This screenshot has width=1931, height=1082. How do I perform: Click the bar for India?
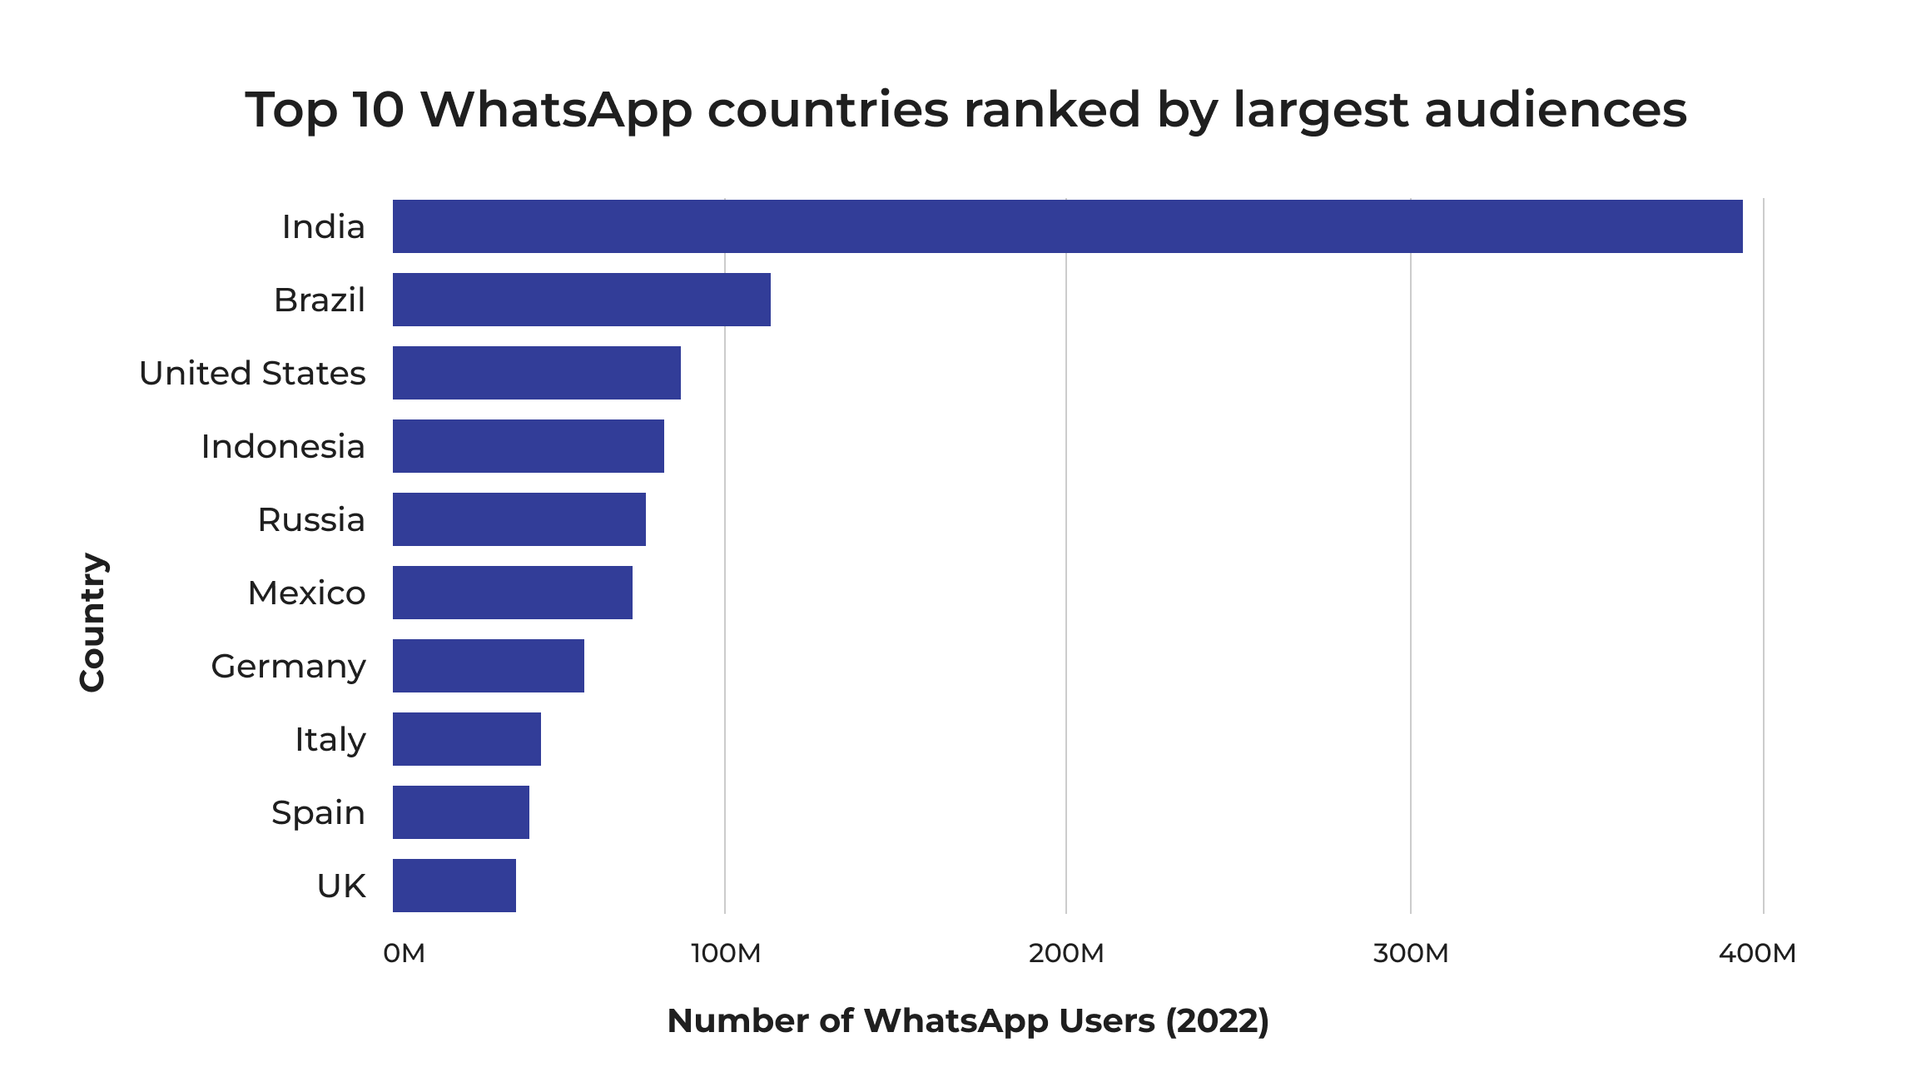click(1067, 226)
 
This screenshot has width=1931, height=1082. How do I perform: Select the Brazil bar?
click(581, 300)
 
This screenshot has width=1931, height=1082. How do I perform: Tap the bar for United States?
click(536, 373)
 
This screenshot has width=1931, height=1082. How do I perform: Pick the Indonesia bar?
click(528, 446)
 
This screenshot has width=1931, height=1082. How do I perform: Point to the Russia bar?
click(519, 519)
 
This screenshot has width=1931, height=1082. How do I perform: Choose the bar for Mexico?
click(512, 593)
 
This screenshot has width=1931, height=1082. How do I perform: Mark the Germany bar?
click(488, 666)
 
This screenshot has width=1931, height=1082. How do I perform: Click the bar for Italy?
click(466, 739)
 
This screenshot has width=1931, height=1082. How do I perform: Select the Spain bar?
click(460, 812)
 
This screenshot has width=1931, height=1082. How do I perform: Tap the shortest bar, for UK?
click(454, 886)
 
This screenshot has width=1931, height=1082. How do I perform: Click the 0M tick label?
click(405, 954)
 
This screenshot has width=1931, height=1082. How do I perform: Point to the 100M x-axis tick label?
click(726, 954)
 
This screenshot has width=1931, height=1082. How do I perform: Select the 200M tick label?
click(1066, 954)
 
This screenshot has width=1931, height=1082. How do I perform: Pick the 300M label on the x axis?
click(1411, 954)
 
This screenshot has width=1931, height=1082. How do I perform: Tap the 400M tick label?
click(1757, 954)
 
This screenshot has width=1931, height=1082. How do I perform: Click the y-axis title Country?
click(92, 622)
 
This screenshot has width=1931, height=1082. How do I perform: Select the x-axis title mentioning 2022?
click(968, 1021)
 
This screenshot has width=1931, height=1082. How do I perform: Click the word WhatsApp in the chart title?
click(556, 110)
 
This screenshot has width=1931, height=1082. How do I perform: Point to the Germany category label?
click(288, 667)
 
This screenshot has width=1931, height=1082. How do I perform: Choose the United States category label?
click(252, 374)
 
